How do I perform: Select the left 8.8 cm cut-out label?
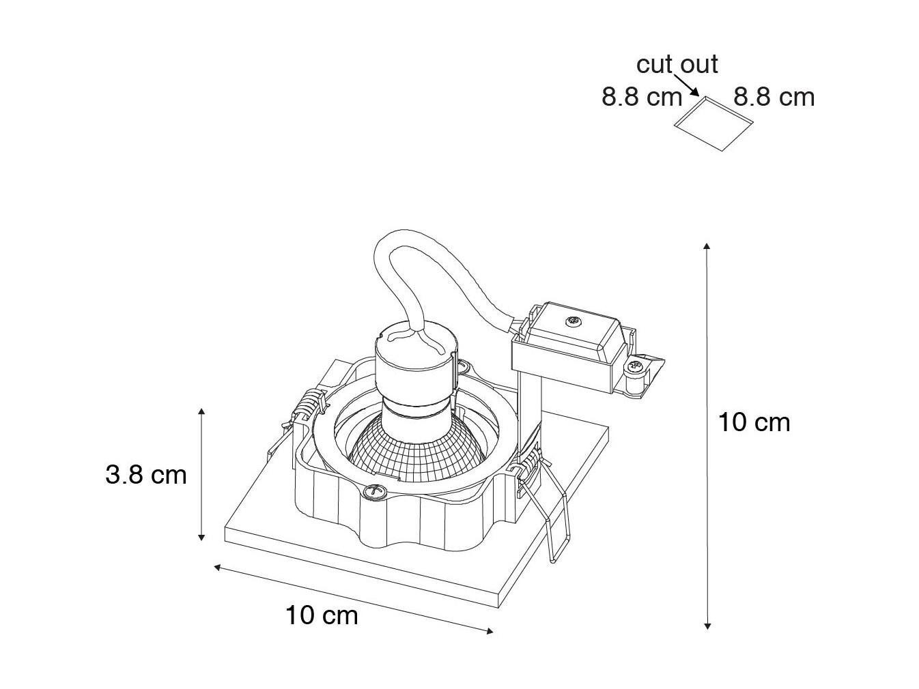coord(642,97)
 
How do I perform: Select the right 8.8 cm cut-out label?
coord(774,97)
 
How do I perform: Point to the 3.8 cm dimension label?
coord(145,475)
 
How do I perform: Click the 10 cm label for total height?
coord(754,422)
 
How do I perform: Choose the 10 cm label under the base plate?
coord(322,616)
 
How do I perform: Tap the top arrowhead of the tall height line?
coord(707,246)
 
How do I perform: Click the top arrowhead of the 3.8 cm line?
coord(201,411)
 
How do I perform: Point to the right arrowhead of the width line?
coord(490,631)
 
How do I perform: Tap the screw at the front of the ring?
coord(373,492)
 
